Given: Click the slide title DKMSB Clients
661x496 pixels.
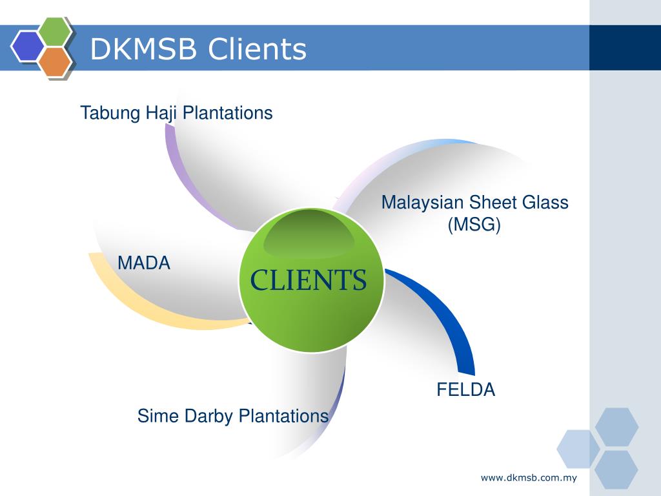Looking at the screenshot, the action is point(198,49).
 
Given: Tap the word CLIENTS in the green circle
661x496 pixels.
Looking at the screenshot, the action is point(309,280).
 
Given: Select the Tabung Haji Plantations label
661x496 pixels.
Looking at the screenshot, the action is point(176,113).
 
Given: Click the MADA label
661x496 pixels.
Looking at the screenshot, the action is point(144,263).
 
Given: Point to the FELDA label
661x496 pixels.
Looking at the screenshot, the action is point(466,390).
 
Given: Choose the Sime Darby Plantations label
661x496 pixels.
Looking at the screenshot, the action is point(233,415).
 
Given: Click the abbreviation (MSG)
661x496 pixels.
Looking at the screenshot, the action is point(474,225).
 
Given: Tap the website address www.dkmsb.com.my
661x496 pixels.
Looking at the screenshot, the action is point(528,478).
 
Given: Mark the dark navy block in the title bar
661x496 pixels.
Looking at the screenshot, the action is point(625,48).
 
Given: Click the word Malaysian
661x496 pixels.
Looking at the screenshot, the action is point(423,202).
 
